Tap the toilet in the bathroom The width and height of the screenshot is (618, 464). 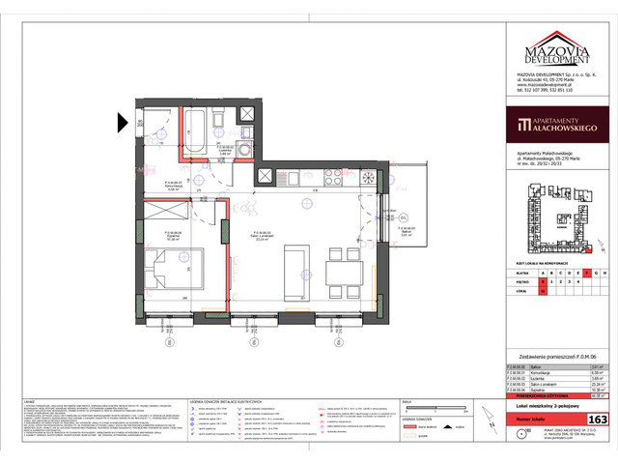point(220,118)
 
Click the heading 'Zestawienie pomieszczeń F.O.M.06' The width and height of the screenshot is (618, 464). point(557,355)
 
